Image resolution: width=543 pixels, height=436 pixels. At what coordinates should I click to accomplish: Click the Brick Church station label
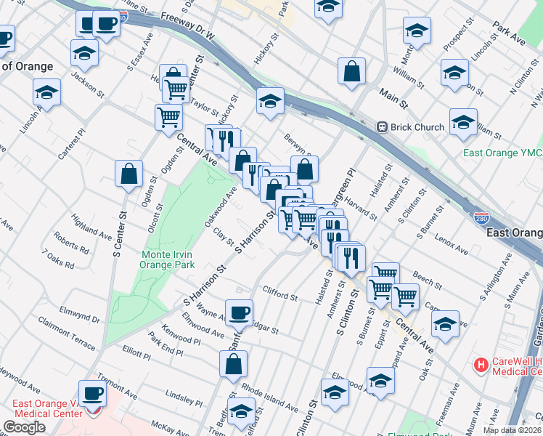click(417, 127)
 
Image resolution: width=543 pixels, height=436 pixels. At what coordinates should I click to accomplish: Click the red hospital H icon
click(480, 363)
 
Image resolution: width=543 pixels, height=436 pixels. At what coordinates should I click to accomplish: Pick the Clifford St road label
click(280, 296)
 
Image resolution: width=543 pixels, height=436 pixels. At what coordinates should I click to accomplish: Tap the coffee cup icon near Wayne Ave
click(239, 313)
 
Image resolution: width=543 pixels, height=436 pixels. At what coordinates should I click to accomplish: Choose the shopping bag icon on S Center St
click(128, 174)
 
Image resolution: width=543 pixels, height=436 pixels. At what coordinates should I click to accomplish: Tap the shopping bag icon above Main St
click(351, 71)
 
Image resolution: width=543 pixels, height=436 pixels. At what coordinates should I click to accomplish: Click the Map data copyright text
click(512, 430)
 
